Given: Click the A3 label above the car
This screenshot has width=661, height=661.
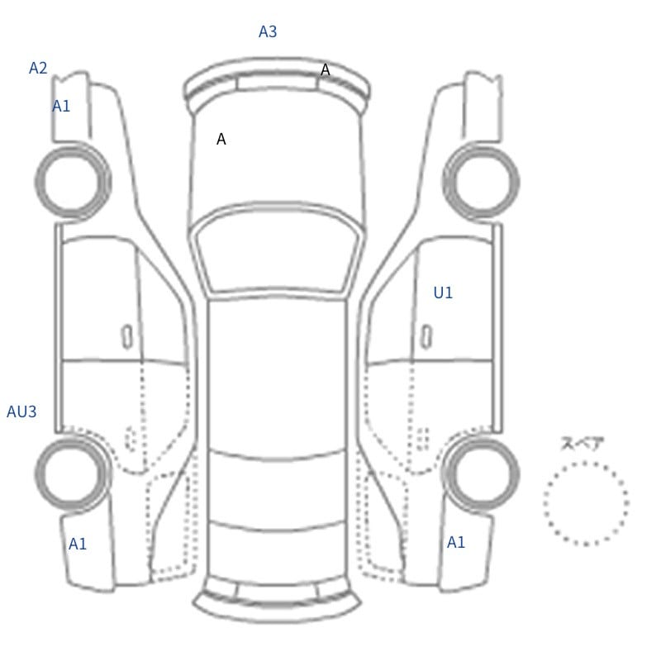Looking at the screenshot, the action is pyautogui.click(x=268, y=31).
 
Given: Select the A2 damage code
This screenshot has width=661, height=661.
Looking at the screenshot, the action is pyautogui.click(x=38, y=68).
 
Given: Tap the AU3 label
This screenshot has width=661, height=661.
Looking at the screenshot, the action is pyautogui.click(x=21, y=411).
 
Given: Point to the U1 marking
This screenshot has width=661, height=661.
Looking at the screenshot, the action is pyautogui.click(x=443, y=292).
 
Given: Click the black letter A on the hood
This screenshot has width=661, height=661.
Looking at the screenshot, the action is pyautogui.click(x=221, y=139).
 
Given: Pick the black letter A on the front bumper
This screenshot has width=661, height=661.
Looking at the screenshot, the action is pyautogui.click(x=325, y=70).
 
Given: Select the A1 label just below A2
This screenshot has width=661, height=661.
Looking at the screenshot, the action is pyautogui.click(x=61, y=107).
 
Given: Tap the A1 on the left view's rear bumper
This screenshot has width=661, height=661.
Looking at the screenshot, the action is pyautogui.click(x=78, y=544).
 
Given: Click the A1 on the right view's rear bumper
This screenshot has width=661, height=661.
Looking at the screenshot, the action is pyautogui.click(x=456, y=542).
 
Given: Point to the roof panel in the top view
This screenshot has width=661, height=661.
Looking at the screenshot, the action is pyautogui.click(x=277, y=375).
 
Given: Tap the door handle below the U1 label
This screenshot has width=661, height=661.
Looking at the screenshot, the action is pyautogui.click(x=426, y=337).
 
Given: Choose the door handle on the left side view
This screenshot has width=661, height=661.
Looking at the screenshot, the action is pyautogui.click(x=127, y=337).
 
